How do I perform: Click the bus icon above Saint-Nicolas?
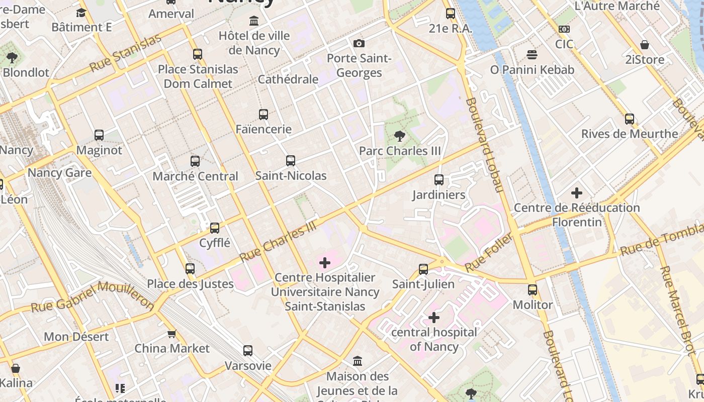(x=290, y=161)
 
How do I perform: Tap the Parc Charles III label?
(x=400, y=151)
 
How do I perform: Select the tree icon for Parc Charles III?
(x=400, y=136)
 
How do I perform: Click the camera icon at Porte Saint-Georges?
(x=359, y=43)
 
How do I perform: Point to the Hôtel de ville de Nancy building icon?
(x=254, y=21)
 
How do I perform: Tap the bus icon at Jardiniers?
(x=439, y=179)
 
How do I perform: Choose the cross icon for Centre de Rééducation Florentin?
(x=577, y=192)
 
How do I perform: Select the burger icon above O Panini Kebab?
(x=532, y=54)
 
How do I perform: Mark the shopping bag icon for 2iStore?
(x=644, y=45)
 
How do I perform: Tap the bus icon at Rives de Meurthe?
(x=630, y=119)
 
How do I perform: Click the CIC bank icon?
(x=564, y=29)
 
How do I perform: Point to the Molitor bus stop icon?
(x=533, y=290)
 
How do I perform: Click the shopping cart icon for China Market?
(x=172, y=334)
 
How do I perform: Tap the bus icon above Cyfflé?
(x=215, y=228)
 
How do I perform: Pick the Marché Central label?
(x=195, y=176)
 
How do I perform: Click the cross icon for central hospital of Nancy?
(x=434, y=318)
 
